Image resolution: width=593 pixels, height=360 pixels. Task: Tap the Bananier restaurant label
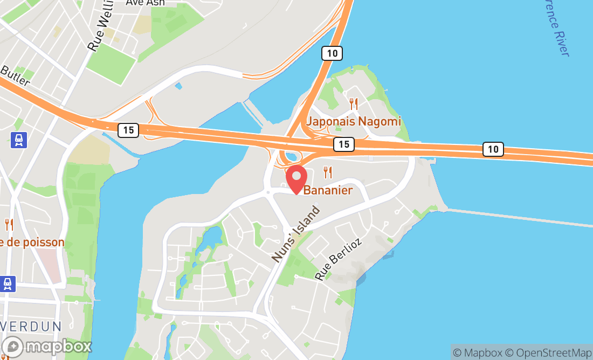pos(328,190)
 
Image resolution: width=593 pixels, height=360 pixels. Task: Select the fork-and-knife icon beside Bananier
pos(327,172)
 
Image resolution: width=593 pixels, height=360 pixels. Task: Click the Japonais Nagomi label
pos(354,121)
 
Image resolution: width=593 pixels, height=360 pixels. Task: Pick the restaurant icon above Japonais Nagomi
pos(354,103)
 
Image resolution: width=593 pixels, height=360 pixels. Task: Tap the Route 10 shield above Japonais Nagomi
pos(332,53)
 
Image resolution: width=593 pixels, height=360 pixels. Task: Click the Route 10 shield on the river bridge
pos(493,149)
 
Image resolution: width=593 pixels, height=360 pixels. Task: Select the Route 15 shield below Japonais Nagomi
pos(343,144)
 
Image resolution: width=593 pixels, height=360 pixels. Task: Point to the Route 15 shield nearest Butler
pos(128,130)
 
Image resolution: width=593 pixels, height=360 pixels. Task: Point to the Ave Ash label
pos(145,3)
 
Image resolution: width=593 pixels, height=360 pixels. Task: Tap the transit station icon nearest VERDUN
pos(8,283)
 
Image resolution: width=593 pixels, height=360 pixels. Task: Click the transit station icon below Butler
pos(19,140)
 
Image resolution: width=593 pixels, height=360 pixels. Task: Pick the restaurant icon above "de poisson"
pos(9,224)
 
